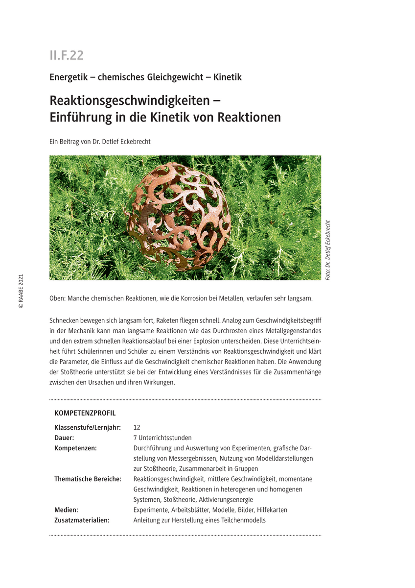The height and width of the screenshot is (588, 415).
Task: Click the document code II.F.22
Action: coord(67,55)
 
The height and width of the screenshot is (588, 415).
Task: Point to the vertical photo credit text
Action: coord(328,250)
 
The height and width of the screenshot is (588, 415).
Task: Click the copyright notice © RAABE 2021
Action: coord(21,291)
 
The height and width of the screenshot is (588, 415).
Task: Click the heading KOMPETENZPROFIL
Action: coord(85,413)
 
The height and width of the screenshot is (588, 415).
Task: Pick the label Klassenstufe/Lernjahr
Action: coord(88,427)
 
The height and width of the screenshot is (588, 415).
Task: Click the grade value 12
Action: coord(137,427)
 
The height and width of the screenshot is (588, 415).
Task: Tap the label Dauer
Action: coord(64,438)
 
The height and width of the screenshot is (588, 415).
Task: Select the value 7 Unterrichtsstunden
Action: coord(162,438)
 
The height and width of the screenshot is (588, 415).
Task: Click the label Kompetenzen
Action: coord(75,448)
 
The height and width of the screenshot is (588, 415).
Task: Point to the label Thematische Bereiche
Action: coord(88,479)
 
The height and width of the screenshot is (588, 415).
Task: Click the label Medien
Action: coord(66,510)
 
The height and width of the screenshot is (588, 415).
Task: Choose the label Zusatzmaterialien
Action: coord(82,520)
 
